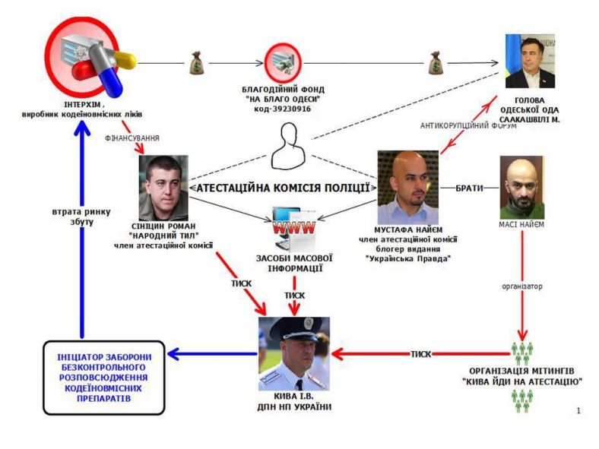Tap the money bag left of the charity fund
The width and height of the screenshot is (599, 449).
(196, 62)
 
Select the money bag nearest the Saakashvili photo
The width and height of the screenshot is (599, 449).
(436, 62)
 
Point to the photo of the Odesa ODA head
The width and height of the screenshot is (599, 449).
(530, 62)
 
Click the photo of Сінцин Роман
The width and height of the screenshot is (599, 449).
(163, 187)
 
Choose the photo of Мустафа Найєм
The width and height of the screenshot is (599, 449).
(407, 187)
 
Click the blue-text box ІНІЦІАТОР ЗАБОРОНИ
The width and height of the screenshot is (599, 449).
(103, 377)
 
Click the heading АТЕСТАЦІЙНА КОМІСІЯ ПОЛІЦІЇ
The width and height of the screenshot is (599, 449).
(283, 187)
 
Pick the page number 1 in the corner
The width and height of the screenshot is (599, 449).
(578, 411)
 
